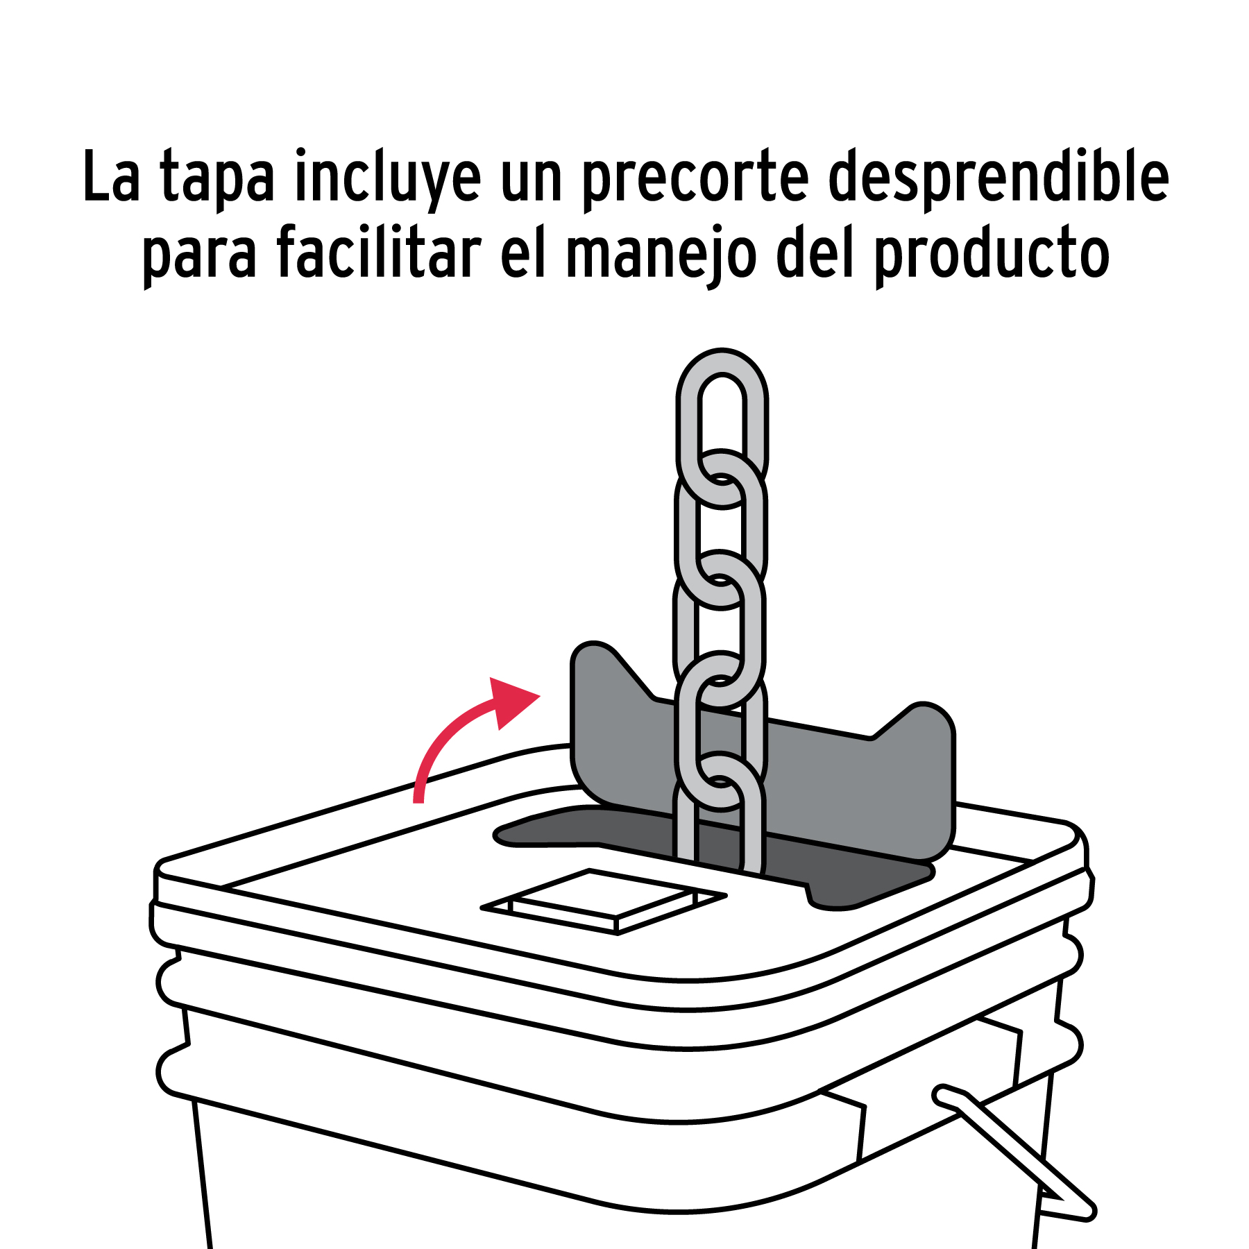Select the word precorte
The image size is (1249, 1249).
(x=695, y=179)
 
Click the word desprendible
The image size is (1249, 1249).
(x=999, y=178)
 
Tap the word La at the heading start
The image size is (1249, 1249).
(x=111, y=176)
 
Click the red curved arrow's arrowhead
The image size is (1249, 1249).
(x=511, y=702)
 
